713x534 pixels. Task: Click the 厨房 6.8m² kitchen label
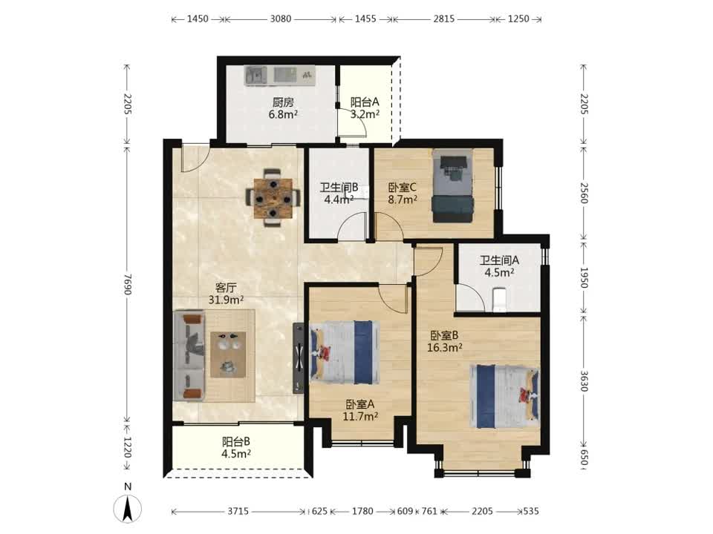pyautogui.click(x=283, y=108)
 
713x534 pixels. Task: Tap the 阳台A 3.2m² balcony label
pyautogui.click(x=365, y=108)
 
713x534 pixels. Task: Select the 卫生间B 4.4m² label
pyautogui.click(x=339, y=193)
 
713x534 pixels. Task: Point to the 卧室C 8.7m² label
pyautogui.click(x=403, y=193)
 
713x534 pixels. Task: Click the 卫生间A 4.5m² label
pyautogui.click(x=499, y=266)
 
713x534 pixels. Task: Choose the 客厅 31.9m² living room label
pyautogui.click(x=226, y=294)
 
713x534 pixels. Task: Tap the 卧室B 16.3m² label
pyautogui.click(x=445, y=341)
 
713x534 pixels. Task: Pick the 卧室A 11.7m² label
pyautogui.click(x=360, y=409)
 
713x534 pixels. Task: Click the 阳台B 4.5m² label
pyautogui.click(x=236, y=447)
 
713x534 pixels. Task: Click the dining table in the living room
pyautogui.click(x=273, y=198)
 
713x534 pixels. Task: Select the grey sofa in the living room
pyautogui.click(x=189, y=356)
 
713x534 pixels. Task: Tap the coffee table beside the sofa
pyautogui.click(x=228, y=355)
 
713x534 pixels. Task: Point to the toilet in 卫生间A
pyautogui.click(x=499, y=300)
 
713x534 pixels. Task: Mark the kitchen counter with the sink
pyautogui.click(x=280, y=75)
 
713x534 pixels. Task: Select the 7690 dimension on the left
pyautogui.click(x=128, y=284)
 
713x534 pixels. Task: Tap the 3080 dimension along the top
pyautogui.click(x=281, y=19)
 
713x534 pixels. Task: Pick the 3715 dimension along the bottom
pyautogui.click(x=238, y=511)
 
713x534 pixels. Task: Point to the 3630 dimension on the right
pyautogui.click(x=585, y=381)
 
